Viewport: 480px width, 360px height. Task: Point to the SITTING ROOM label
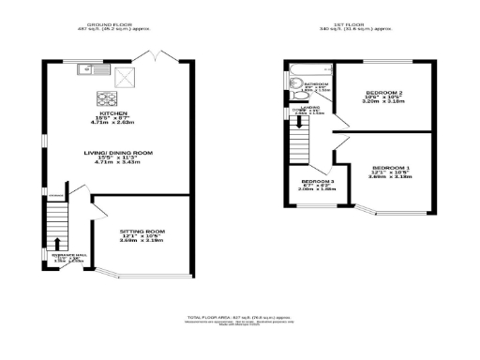(142, 231)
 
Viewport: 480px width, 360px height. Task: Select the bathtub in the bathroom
(308, 71)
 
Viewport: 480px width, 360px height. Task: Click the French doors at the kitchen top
(150, 58)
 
